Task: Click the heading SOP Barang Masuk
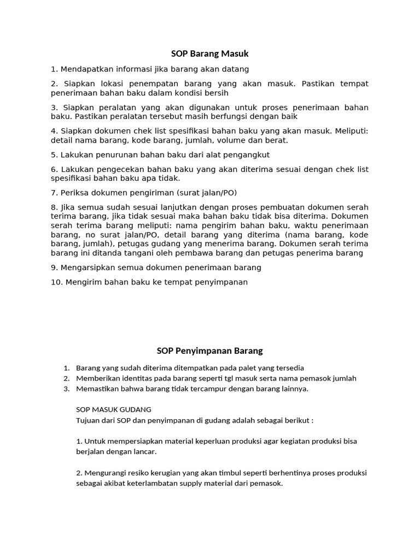pos(209,53)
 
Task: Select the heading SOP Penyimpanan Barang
pos(209,350)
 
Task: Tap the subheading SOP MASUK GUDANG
pos(114,409)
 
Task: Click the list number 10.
pos(56,282)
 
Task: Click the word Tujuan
pos(89,421)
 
